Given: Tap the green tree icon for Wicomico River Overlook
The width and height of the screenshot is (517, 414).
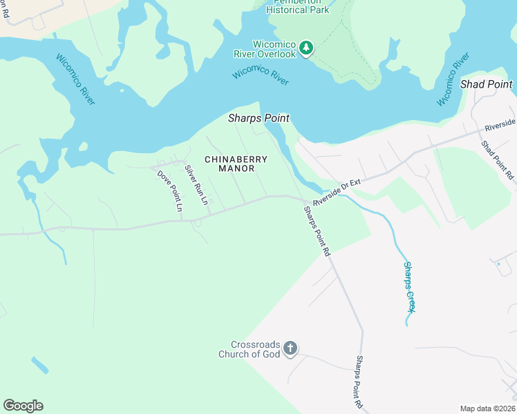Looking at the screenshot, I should tap(306, 48).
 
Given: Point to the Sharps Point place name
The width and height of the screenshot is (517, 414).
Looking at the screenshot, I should tap(258, 119).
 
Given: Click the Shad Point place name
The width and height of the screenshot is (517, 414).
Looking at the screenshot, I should tap(487, 84).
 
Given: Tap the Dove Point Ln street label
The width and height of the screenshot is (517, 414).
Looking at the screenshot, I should tap(169, 190).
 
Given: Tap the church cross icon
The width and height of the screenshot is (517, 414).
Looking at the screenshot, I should tap(290, 348).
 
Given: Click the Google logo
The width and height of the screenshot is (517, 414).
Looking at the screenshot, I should tap(23, 406).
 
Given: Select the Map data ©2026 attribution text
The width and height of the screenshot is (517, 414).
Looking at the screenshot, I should tap(487, 408).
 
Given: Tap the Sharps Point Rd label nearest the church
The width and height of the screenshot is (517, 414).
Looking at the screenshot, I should tap(359, 381).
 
